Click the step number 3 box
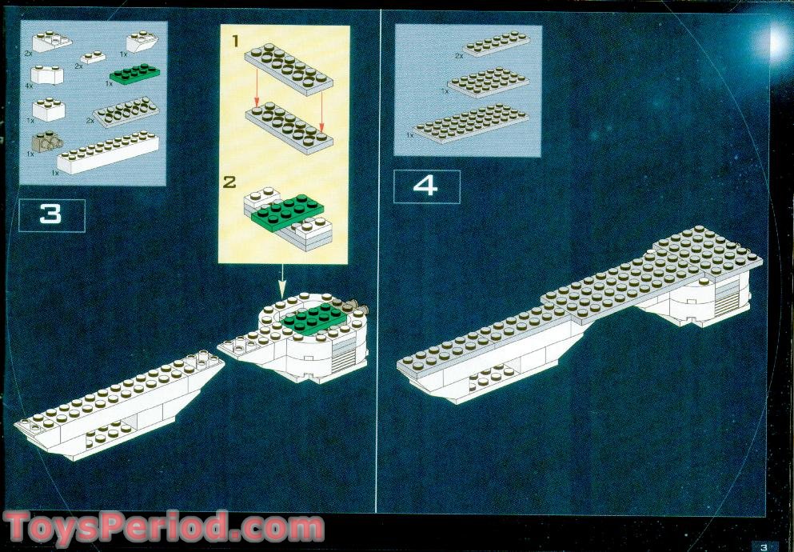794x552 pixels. tap(52, 216)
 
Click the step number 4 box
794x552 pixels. tap(426, 187)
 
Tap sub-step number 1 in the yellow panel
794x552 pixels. tap(235, 42)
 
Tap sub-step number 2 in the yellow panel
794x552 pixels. tap(229, 182)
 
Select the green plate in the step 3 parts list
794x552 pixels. tap(134, 74)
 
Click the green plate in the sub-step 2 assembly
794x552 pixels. tap(287, 211)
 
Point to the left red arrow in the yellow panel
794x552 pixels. tap(257, 88)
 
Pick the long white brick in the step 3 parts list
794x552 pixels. tap(107, 153)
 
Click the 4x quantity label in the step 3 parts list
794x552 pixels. tap(29, 86)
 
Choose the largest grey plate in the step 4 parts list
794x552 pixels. tap(471, 123)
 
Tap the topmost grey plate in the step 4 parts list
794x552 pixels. tap(497, 43)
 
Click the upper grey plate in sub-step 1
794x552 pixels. tap(289, 69)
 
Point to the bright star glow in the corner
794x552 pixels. tap(776, 42)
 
